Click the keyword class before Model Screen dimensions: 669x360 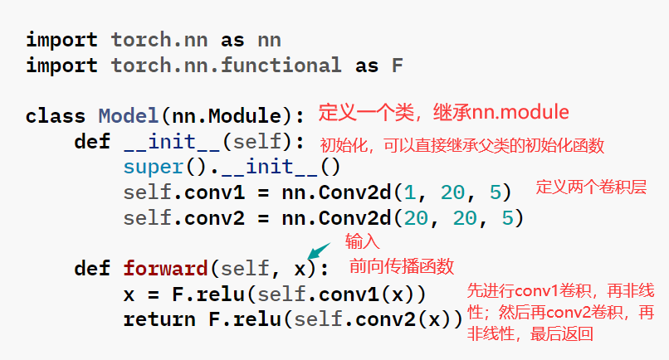point(55,115)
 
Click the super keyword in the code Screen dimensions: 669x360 point(153,167)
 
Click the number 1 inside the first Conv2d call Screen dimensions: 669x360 point(408,192)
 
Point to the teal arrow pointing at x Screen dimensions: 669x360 point(315,250)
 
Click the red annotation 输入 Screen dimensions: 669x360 point(362,241)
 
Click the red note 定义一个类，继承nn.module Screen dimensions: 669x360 point(444,111)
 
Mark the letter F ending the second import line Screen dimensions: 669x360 point(397,65)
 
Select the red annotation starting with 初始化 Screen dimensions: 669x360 point(462,145)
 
